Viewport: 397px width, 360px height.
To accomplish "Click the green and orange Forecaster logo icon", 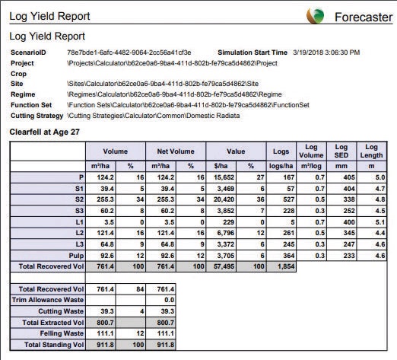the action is (x=315, y=16).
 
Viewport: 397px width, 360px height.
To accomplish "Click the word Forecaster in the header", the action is (x=364, y=18).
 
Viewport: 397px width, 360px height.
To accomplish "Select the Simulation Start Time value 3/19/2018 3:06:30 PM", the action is (x=326, y=53).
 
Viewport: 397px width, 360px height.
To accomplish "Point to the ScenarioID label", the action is (x=28, y=53).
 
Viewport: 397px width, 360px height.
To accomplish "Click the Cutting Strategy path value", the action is (x=154, y=116).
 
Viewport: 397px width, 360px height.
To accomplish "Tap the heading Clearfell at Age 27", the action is (x=44, y=132).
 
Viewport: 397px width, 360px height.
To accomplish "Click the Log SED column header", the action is (x=341, y=151).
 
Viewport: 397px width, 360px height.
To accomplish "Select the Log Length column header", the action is (x=371, y=151).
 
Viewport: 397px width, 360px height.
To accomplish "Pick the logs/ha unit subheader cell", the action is (x=281, y=166).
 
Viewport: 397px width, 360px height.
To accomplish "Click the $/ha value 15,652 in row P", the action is (x=224, y=177).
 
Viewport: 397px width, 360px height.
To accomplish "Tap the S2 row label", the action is (x=79, y=199).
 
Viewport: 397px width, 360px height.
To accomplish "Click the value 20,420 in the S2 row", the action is (x=224, y=199).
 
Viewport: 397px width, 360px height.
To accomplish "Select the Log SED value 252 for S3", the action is (x=349, y=211).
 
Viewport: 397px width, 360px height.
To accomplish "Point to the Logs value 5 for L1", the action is (x=292, y=222).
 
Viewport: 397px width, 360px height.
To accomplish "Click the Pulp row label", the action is (x=76, y=256).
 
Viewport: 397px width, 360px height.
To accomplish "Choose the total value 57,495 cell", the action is (x=224, y=266).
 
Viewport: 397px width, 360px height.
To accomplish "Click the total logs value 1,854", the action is (x=286, y=266).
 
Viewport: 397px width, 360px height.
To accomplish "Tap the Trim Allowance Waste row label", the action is (x=48, y=300).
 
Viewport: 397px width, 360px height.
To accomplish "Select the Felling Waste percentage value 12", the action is (x=140, y=333).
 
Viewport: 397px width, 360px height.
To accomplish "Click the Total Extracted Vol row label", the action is (x=53, y=323).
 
